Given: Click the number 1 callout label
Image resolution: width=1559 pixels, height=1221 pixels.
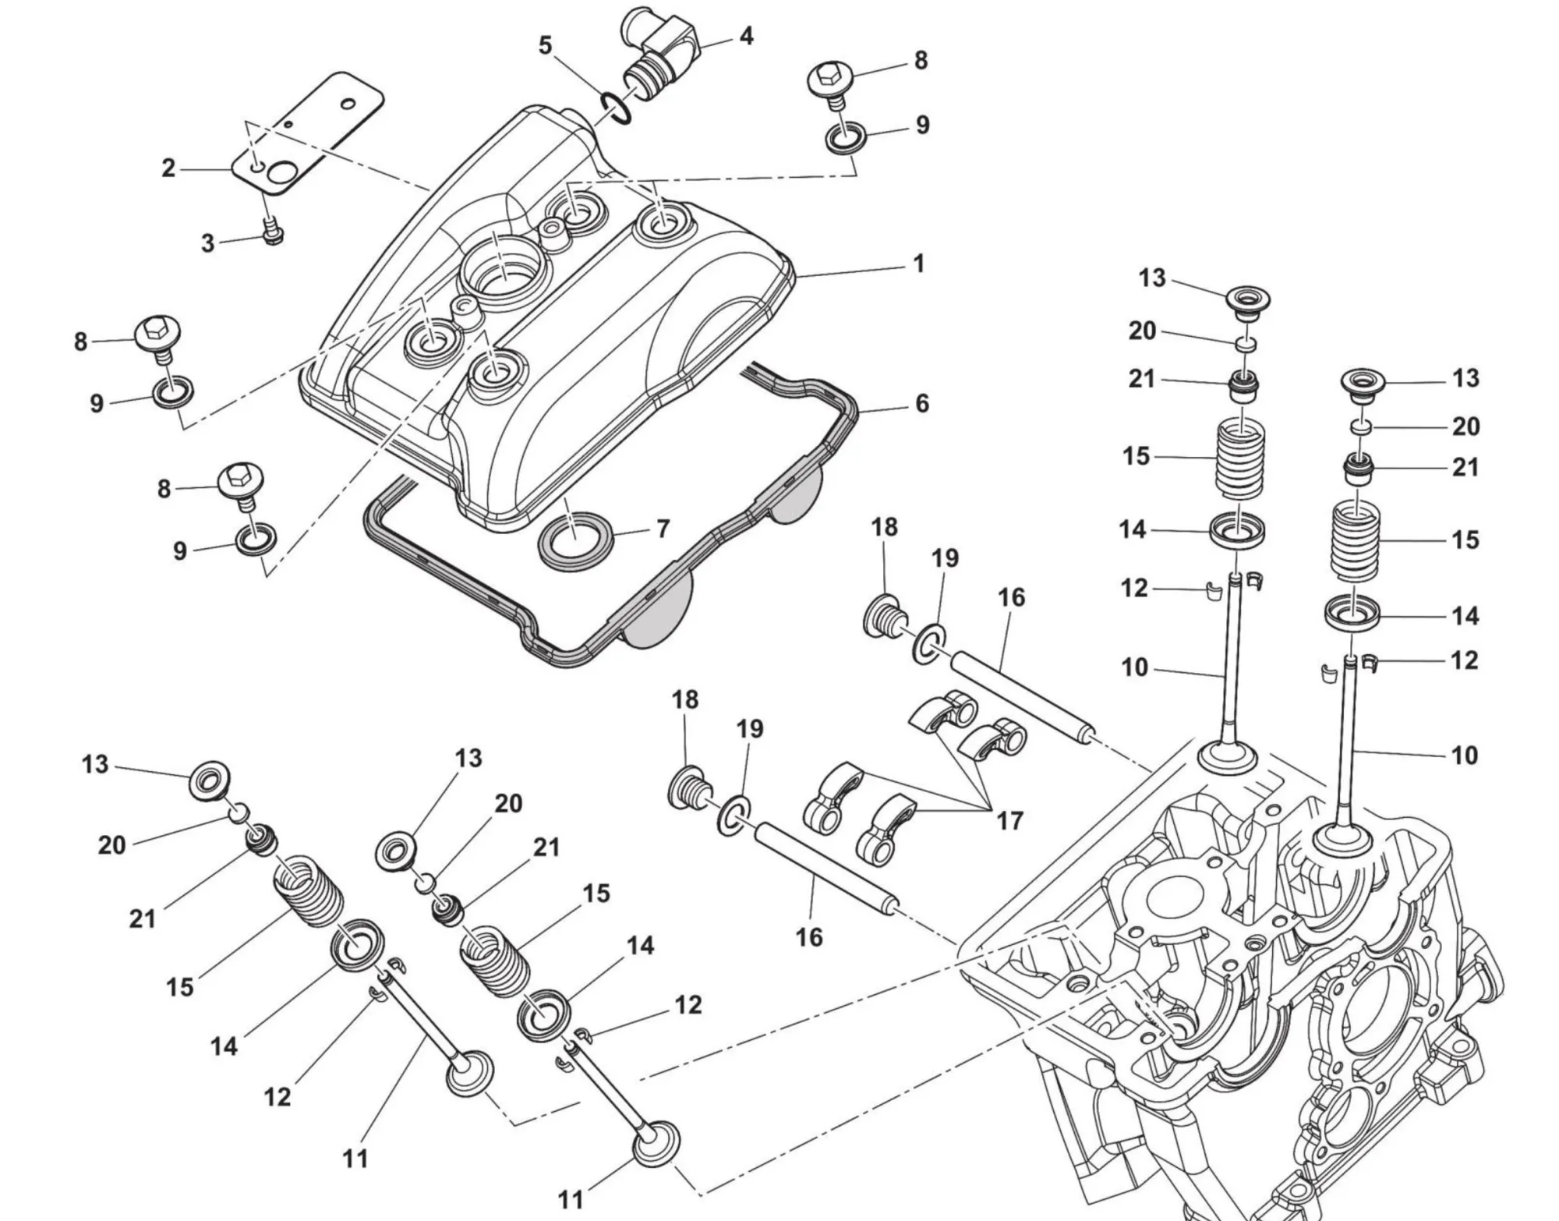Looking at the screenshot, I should click(x=919, y=264).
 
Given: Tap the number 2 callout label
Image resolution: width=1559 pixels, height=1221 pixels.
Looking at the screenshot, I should click(x=168, y=168).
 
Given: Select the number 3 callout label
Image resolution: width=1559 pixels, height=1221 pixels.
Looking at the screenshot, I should click(x=207, y=242).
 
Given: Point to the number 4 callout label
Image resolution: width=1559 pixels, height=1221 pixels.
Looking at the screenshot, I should click(x=746, y=36).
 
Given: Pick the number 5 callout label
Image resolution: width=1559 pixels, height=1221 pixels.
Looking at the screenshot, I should click(x=545, y=45).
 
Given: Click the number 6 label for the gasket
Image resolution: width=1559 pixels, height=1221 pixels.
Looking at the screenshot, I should click(x=922, y=403).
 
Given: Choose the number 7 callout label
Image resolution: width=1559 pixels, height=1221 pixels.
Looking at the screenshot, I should click(x=663, y=529).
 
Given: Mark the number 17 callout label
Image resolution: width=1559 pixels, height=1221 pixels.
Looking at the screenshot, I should click(x=1009, y=820).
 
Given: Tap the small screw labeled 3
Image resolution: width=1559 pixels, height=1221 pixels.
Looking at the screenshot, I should click(x=272, y=231).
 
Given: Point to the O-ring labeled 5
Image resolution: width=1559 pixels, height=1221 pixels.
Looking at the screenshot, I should click(x=617, y=108).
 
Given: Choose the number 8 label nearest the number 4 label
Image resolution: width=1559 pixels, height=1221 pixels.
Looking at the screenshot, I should click(x=921, y=61).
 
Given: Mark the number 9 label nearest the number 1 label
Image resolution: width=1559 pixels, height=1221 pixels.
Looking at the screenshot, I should click(x=922, y=125).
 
